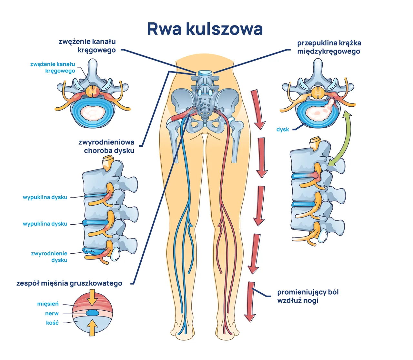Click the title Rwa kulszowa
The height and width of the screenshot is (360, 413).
[205, 29]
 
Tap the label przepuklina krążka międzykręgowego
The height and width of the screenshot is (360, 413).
[329, 47]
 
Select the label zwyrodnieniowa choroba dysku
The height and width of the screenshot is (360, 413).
[106, 146]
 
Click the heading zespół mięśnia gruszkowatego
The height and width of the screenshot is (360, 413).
[69, 283]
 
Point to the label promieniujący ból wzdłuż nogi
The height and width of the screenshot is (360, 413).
[308, 296]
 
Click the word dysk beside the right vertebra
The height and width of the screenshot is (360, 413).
[283, 130]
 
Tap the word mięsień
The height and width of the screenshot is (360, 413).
[48, 304]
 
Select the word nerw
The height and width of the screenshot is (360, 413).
[52, 313]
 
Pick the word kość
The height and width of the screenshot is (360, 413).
[52, 323]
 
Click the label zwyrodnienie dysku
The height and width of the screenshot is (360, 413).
[49, 257]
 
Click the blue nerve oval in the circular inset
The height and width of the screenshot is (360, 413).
[92, 313]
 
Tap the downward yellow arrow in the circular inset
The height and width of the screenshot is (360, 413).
[92, 297]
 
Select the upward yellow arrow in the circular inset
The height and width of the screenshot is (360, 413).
[92, 327]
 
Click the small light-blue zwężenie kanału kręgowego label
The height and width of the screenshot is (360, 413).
[53, 67]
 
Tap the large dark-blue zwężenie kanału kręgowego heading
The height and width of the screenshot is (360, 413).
[87, 46]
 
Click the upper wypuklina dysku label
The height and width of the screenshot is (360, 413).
[45, 197]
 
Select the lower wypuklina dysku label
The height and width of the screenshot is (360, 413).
[45, 224]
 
